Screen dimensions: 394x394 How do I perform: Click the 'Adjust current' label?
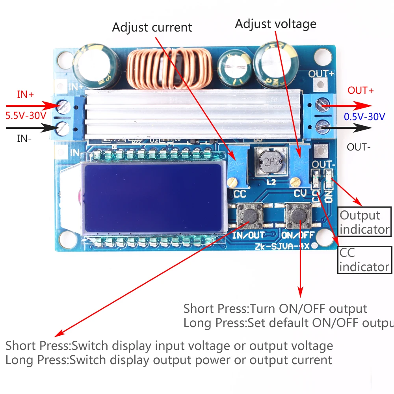(152, 28)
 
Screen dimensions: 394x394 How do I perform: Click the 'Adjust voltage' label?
(275, 24)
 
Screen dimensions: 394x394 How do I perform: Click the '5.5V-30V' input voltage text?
(26, 117)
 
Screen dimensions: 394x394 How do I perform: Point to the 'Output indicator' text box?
(365, 222)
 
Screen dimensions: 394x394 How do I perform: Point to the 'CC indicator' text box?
(365, 260)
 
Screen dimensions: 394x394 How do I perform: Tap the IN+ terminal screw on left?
(63, 106)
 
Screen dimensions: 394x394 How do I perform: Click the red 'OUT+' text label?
(361, 91)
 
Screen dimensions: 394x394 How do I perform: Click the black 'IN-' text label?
(24, 138)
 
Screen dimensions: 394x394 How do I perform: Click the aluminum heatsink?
(193, 116)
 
